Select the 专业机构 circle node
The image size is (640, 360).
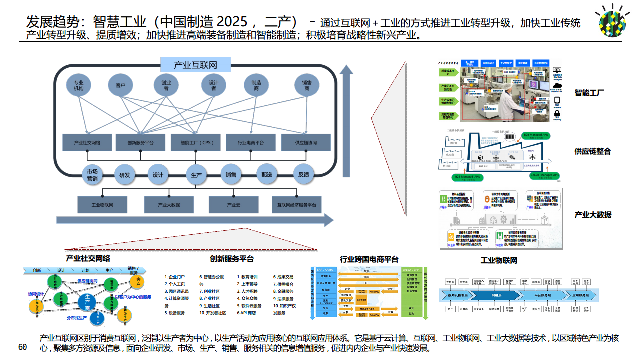point(79,86)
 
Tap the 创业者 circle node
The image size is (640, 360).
point(165,86)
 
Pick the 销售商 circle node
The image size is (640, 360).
point(307,86)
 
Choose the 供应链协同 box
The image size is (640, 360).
point(306,143)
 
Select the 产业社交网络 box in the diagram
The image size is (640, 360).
point(87,143)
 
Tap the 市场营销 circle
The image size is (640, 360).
point(92,175)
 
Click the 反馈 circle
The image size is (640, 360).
point(304,175)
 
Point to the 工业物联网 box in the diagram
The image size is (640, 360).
point(102,205)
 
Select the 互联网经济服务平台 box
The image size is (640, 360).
point(297,205)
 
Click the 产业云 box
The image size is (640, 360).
point(234,205)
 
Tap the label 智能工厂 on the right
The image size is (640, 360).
point(589,93)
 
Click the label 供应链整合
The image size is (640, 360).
point(593,151)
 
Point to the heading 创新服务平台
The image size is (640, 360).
point(232,259)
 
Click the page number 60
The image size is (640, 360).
point(22,347)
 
